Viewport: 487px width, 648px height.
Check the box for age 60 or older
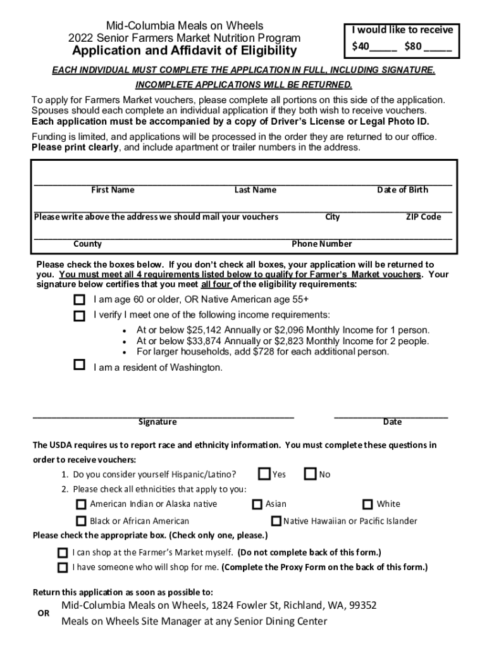(79, 299)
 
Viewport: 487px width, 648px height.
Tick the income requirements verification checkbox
(79, 315)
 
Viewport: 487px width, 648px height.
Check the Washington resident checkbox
(79, 364)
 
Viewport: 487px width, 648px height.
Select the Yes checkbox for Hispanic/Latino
(264, 473)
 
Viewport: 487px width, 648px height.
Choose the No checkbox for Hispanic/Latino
(311, 473)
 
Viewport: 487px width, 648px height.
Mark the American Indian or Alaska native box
(81, 504)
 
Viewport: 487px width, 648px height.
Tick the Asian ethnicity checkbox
(257, 504)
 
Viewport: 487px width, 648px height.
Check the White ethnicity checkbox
(367, 504)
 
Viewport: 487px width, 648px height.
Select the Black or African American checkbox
(81, 521)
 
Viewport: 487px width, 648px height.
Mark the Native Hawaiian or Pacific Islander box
(276, 521)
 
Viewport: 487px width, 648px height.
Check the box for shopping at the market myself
(63, 552)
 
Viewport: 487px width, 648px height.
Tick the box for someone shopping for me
(63, 567)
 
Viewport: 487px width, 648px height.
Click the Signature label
(157, 422)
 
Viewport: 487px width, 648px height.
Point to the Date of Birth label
(402, 190)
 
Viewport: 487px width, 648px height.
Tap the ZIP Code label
(423, 217)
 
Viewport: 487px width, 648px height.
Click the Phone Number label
(322, 244)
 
